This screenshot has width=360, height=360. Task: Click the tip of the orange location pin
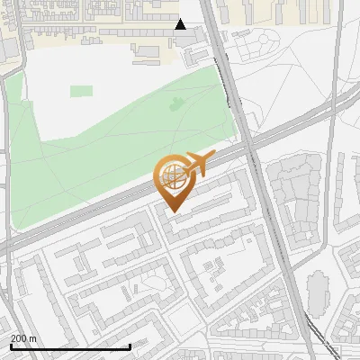175,212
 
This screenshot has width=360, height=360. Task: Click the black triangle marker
181,24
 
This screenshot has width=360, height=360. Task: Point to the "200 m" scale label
23,337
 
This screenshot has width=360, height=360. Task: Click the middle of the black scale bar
70,346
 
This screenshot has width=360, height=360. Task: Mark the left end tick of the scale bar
10,346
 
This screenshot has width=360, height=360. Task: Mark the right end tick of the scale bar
130,346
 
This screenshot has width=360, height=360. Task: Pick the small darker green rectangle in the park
81,91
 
